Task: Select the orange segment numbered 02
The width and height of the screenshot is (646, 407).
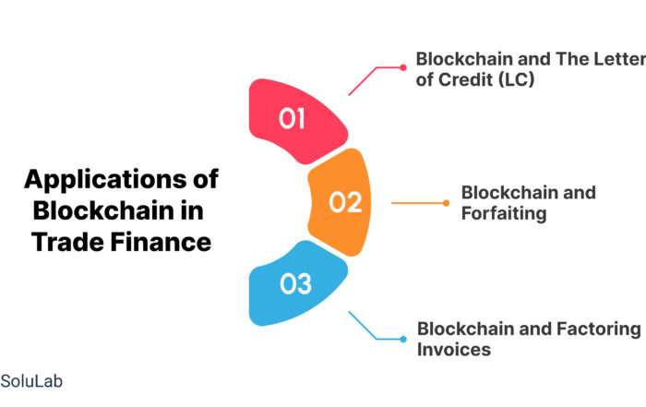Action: click(x=341, y=202)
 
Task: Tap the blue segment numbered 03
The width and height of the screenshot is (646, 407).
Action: click(x=296, y=284)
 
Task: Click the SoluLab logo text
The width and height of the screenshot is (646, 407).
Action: click(x=31, y=381)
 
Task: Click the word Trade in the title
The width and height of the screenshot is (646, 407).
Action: click(x=67, y=242)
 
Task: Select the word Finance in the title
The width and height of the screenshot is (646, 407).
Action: click(x=161, y=242)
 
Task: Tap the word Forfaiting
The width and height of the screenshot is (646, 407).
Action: click(x=504, y=214)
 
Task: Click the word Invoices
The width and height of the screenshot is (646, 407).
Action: click(x=454, y=350)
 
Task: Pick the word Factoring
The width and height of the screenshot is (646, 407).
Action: click(x=599, y=329)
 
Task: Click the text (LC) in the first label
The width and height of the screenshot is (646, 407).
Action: click(x=516, y=79)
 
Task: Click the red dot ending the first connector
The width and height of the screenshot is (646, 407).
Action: click(x=403, y=67)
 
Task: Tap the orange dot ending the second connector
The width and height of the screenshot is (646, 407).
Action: click(x=446, y=203)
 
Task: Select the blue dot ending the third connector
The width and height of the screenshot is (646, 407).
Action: click(x=403, y=339)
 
